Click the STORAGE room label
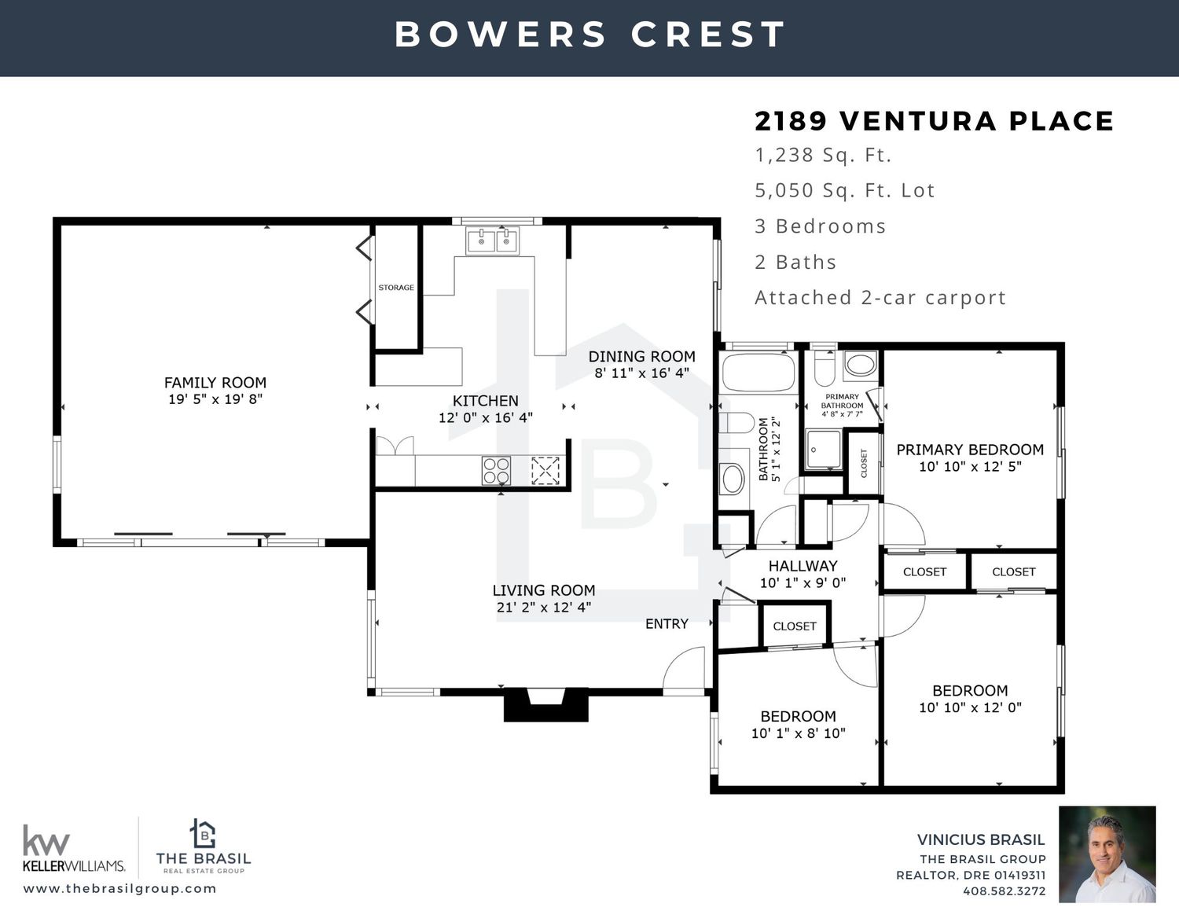click(396, 288)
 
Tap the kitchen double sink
click(493, 241)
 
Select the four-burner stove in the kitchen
click(497, 470)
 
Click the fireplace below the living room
click(545, 704)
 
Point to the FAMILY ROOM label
click(215, 383)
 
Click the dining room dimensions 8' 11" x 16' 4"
click(642, 373)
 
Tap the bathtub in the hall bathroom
click(759, 373)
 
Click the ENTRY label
click(667, 624)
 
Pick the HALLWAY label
click(803, 566)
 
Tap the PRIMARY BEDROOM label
click(970, 450)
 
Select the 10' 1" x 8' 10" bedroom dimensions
click(798, 733)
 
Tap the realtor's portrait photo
click(1107, 855)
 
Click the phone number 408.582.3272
click(1005, 891)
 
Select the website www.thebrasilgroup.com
click(120, 889)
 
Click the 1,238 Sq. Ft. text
click(823, 156)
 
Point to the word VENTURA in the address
click(918, 120)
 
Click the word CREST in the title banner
click(708, 34)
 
